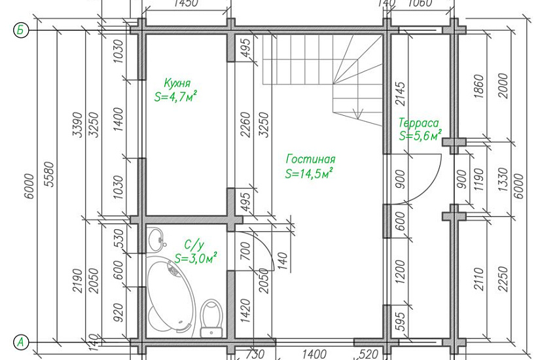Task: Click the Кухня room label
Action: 177,83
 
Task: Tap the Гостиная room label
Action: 310,159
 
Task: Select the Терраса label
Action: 419,123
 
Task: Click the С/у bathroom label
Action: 194,245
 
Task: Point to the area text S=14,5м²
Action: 309,173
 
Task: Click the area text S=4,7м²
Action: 175,96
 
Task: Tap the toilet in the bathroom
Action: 212,318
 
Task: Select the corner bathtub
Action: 171,297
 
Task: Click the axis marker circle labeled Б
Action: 21,30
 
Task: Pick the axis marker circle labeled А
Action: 21,342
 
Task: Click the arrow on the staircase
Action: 358,113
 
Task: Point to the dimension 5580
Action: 50,174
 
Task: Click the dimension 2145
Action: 400,94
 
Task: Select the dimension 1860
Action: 479,86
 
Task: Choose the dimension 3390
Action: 78,124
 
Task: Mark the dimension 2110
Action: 479,279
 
